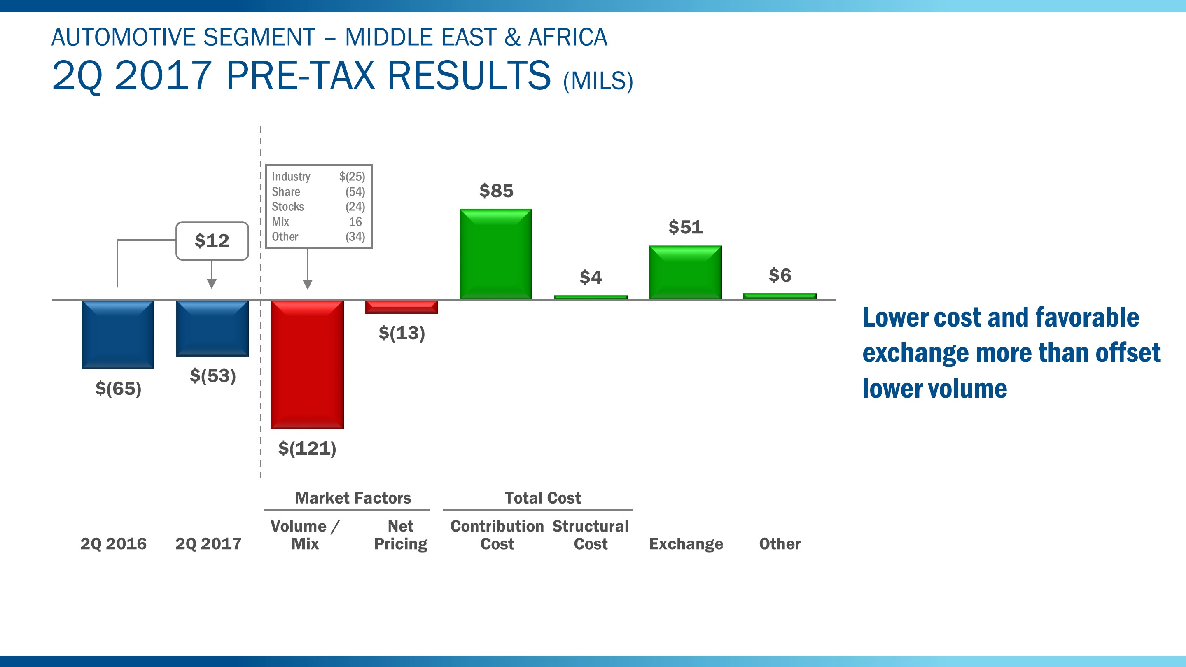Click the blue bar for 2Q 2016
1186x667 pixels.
(x=118, y=334)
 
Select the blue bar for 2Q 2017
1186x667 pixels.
(x=212, y=328)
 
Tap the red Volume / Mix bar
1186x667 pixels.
(x=307, y=364)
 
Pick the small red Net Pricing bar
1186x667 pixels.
(x=402, y=307)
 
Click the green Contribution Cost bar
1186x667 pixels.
(x=496, y=254)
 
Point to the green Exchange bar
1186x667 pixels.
(x=685, y=272)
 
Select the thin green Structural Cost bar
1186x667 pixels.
(x=591, y=297)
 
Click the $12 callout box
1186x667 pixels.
(x=212, y=241)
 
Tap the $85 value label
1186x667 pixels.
(x=496, y=191)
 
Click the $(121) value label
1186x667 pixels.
(x=307, y=448)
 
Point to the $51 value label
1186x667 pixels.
(x=686, y=227)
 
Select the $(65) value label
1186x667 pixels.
(x=118, y=389)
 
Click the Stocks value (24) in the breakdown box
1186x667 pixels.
(x=355, y=207)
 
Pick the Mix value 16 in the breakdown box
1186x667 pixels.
(x=355, y=222)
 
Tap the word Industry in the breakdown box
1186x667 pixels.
(x=291, y=177)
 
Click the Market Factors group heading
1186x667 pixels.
(x=353, y=498)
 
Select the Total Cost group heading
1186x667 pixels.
(x=542, y=498)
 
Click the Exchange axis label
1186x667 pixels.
(x=686, y=544)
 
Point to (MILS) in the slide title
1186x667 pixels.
(x=598, y=81)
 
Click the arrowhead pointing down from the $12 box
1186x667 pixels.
(x=212, y=284)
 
